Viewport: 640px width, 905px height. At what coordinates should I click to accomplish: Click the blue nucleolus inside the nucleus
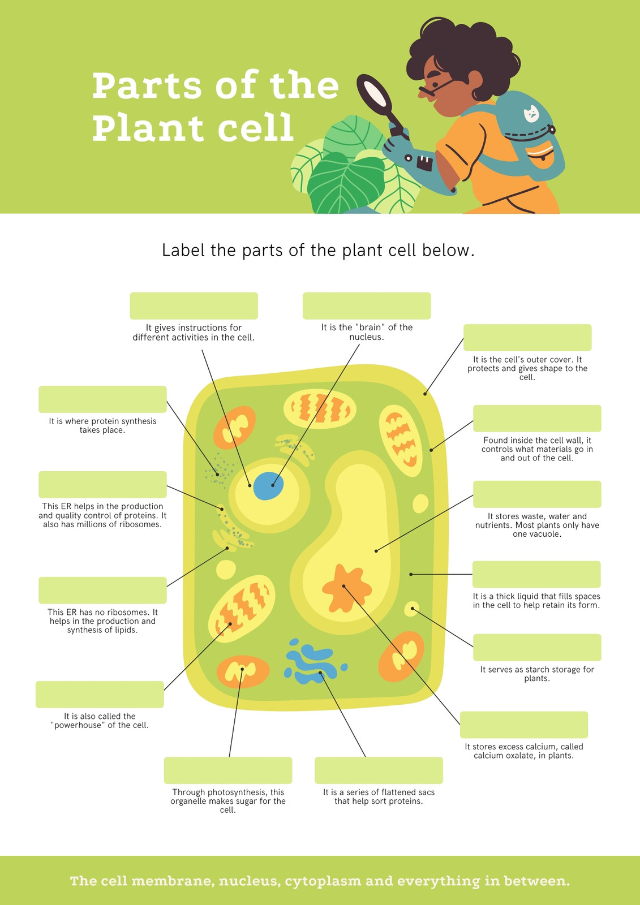pos(268,486)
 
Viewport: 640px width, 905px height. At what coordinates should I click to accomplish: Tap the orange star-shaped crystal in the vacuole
pos(346,588)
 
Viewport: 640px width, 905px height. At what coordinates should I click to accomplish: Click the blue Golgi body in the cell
pos(313,661)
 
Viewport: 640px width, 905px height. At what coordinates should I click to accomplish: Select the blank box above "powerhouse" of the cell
pos(100,695)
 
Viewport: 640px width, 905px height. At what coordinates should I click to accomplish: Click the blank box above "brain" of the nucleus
pos(367,306)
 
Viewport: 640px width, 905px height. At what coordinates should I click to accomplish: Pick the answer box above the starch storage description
pos(537,648)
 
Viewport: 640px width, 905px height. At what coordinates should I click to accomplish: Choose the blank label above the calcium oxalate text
pos(524,725)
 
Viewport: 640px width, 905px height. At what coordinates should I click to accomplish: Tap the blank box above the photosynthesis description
pos(228,770)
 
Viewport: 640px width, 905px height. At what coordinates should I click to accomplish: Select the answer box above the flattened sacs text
pos(379,770)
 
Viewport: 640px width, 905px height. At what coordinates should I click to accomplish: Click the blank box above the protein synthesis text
pos(102,399)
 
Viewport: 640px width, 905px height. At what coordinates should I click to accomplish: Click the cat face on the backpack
pos(531,114)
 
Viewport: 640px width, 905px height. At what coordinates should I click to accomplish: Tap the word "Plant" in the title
pos(148,128)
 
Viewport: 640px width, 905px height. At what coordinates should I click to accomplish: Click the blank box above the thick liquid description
pos(536,575)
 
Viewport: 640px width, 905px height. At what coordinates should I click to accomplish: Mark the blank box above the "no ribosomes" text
pos(102,591)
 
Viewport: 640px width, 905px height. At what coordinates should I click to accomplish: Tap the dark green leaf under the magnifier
pos(346,183)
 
